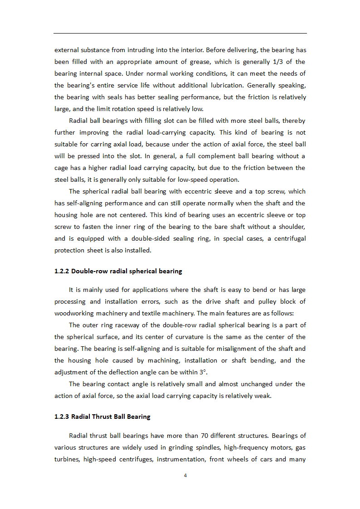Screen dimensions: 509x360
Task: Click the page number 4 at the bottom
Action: tap(185, 475)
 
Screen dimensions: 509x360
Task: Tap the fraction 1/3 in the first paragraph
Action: tap(274, 62)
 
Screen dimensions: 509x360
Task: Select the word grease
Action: tap(195, 62)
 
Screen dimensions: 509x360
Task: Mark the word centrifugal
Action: tap(287, 238)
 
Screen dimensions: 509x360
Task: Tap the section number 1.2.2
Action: tap(62, 271)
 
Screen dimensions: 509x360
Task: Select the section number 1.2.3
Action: tap(62, 417)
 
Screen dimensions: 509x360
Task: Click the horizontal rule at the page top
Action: tap(180, 33)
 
